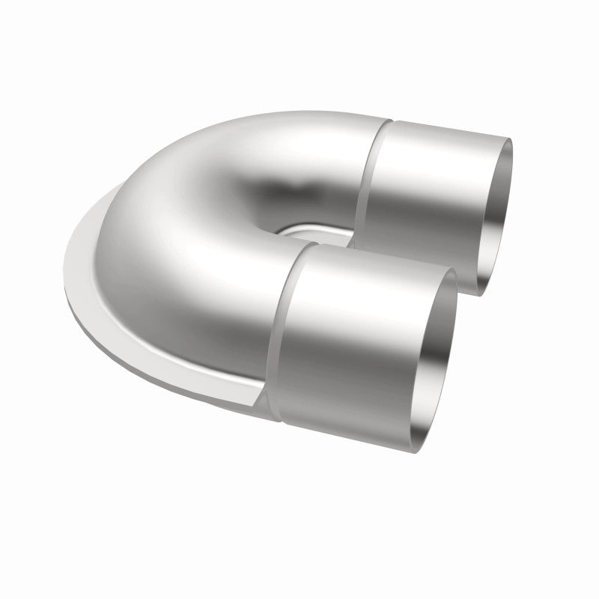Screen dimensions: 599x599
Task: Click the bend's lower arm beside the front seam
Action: tap(247, 314)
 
